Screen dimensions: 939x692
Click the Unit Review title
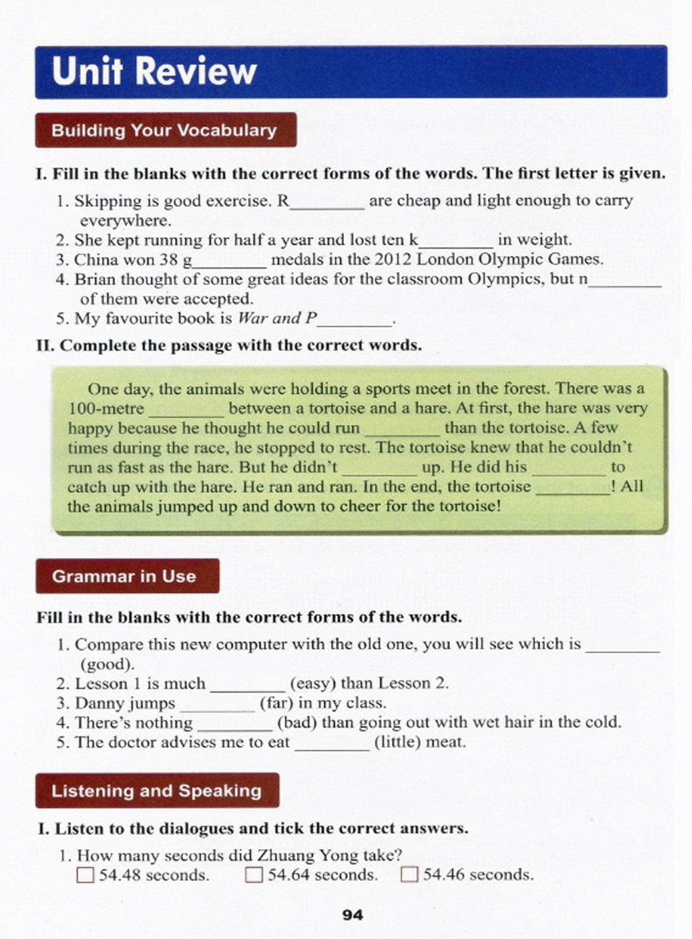[x=154, y=71]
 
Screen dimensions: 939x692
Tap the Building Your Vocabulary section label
[x=164, y=130]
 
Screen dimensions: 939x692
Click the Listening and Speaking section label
[x=156, y=790]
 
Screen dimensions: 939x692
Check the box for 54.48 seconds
[x=85, y=875]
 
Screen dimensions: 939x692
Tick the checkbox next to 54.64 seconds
[x=253, y=875]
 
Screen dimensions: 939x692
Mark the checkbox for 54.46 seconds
[x=410, y=875]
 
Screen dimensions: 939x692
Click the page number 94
[x=353, y=915]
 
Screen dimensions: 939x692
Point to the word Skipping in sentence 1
[x=104, y=201]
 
